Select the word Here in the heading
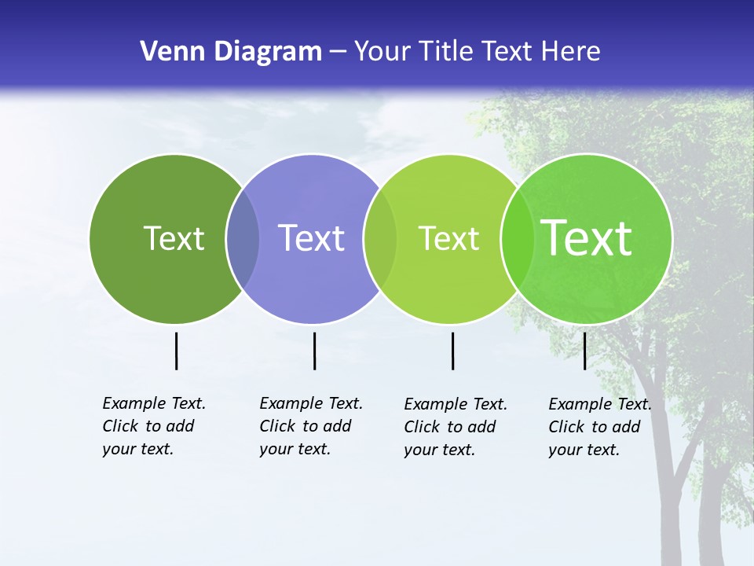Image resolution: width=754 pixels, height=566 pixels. click(x=571, y=52)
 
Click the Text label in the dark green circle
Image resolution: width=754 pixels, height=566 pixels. click(x=174, y=238)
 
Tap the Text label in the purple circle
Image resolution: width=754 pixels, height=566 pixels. click(x=312, y=238)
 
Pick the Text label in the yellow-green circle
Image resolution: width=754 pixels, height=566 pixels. click(x=448, y=238)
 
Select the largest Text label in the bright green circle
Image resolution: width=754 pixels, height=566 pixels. click(x=587, y=238)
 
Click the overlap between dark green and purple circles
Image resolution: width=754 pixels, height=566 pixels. click(x=243, y=238)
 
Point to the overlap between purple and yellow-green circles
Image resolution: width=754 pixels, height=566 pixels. click(x=381, y=238)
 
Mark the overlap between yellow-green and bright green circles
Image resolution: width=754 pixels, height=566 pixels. click(x=518, y=238)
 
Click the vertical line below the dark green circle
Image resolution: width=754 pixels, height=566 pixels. click(x=176, y=351)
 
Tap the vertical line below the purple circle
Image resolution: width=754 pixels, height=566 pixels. click(x=314, y=351)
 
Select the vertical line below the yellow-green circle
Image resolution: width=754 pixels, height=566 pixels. click(x=452, y=351)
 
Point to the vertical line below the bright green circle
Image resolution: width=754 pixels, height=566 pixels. click(x=584, y=351)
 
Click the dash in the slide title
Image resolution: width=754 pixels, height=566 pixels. click(x=338, y=53)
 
